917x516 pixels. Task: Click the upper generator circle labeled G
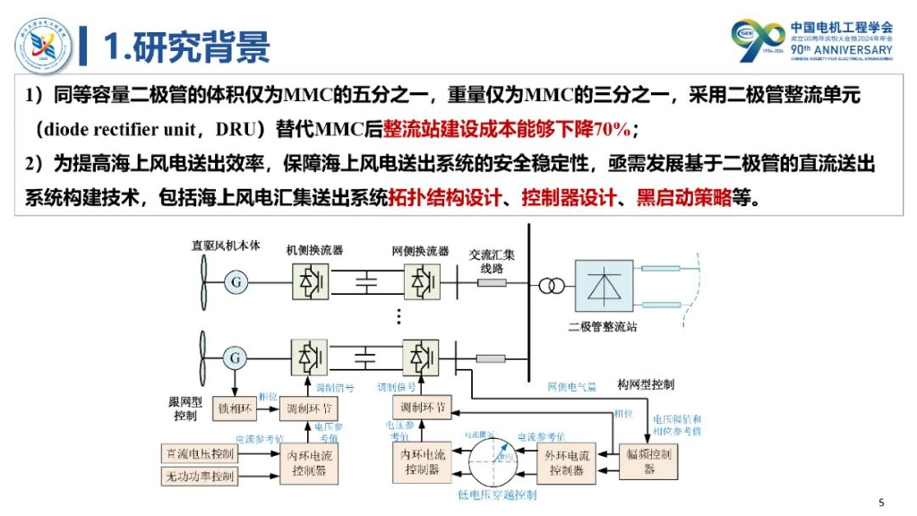[x=236, y=282]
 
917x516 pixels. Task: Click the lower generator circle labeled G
[x=236, y=357]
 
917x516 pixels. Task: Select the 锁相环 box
[x=236, y=408]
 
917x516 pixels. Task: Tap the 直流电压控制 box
[x=198, y=452]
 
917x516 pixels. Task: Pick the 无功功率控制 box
[x=198, y=477]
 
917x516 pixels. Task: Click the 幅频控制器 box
[x=649, y=460]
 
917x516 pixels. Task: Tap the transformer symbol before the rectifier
[x=550, y=285]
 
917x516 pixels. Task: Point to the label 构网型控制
[x=646, y=384]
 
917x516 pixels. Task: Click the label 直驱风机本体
[x=226, y=245]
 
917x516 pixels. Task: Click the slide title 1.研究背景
[x=185, y=47]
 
